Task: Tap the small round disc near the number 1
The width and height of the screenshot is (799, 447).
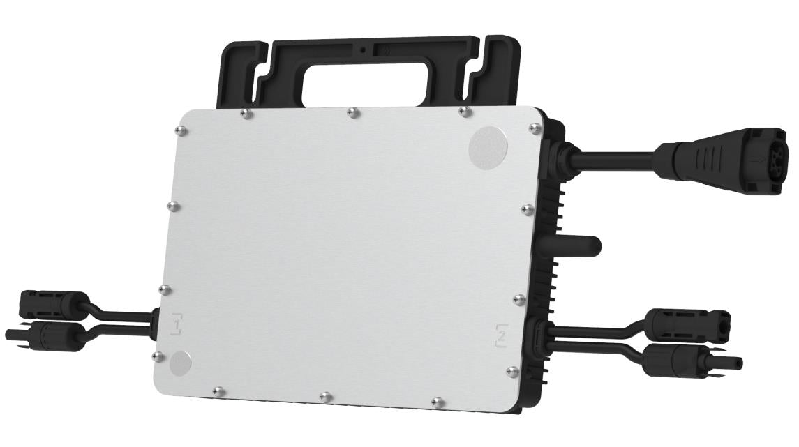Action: click(179, 363)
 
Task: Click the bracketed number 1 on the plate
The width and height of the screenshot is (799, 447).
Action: click(177, 324)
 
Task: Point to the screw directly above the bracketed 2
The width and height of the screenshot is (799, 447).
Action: click(517, 299)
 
